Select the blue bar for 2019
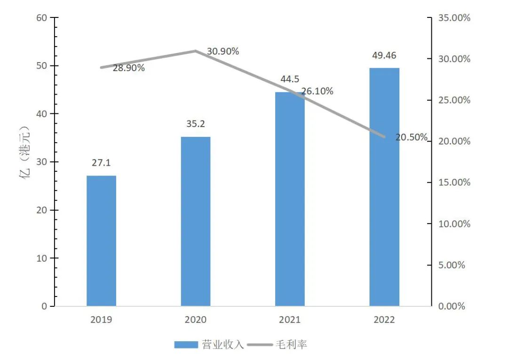[101, 240]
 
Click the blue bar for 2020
[196, 221]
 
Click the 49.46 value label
[384, 56]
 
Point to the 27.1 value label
[101, 163]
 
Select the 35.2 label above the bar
[196, 124]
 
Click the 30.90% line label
[223, 51]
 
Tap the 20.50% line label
[412, 137]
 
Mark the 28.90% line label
[128, 68]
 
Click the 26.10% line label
[317, 91]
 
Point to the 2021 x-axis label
[290, 320]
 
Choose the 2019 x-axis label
[101, 320]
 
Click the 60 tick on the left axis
[41, 18]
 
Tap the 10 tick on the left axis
[41, 258]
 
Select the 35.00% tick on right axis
[454, 18]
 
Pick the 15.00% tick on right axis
[454, 183]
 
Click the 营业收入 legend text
[223, 345]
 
